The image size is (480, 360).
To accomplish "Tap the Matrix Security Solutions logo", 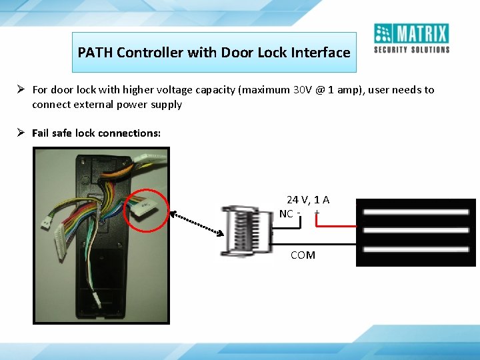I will pos(411,38).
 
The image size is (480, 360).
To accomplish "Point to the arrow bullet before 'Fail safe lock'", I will pos(21,133).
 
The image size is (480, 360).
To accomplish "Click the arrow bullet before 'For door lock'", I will pos(21,89).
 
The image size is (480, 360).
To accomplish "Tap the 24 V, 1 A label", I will pos(308,200).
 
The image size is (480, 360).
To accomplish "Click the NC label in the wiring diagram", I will pos(286,214).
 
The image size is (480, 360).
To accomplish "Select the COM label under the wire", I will pos(303,255).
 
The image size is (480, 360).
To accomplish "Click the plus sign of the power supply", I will pos(317,214).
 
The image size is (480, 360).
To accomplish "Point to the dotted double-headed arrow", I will pos(197,223).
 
